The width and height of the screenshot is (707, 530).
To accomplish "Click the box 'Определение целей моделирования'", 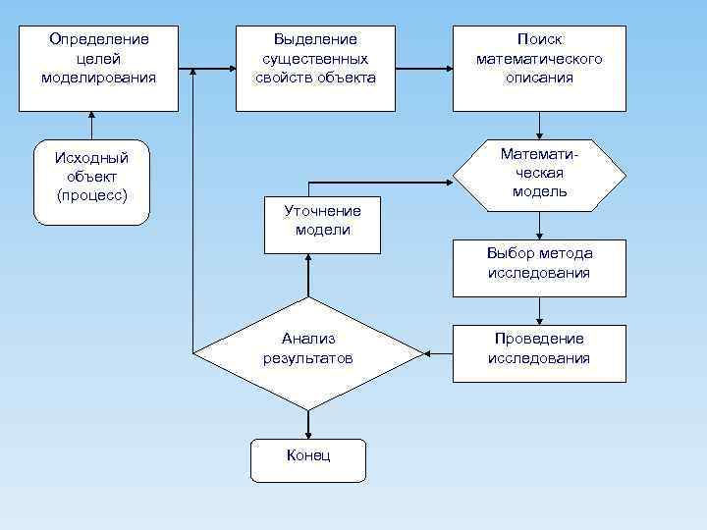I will pos(98,69).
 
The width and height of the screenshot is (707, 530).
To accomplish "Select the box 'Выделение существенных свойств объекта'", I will pos(315,69).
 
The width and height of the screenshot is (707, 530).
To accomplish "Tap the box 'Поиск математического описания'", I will pos(539,69).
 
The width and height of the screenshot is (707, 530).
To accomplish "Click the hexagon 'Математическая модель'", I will pos(539,175).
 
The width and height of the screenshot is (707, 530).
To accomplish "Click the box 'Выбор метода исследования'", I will pos(539,267).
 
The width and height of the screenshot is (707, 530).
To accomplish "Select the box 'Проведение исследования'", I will pos(539,353).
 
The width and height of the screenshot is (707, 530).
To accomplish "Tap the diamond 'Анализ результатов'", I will pos(308,352).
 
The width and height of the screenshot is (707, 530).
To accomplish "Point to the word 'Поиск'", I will pos(539,39).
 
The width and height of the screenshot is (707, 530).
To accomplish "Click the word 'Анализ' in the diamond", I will pos(308,339).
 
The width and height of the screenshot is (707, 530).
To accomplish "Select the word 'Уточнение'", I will pos(322,210).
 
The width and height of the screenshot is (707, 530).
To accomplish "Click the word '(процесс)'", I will pos(92,195).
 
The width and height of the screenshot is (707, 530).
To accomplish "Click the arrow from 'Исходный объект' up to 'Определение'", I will pos(91,126).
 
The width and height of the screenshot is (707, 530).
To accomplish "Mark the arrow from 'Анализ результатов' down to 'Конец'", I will pos(308,424).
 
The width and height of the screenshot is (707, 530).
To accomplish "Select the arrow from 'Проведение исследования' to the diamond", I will pos(438,352).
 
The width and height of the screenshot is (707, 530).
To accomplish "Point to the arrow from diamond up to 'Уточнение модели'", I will pos(308,275).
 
